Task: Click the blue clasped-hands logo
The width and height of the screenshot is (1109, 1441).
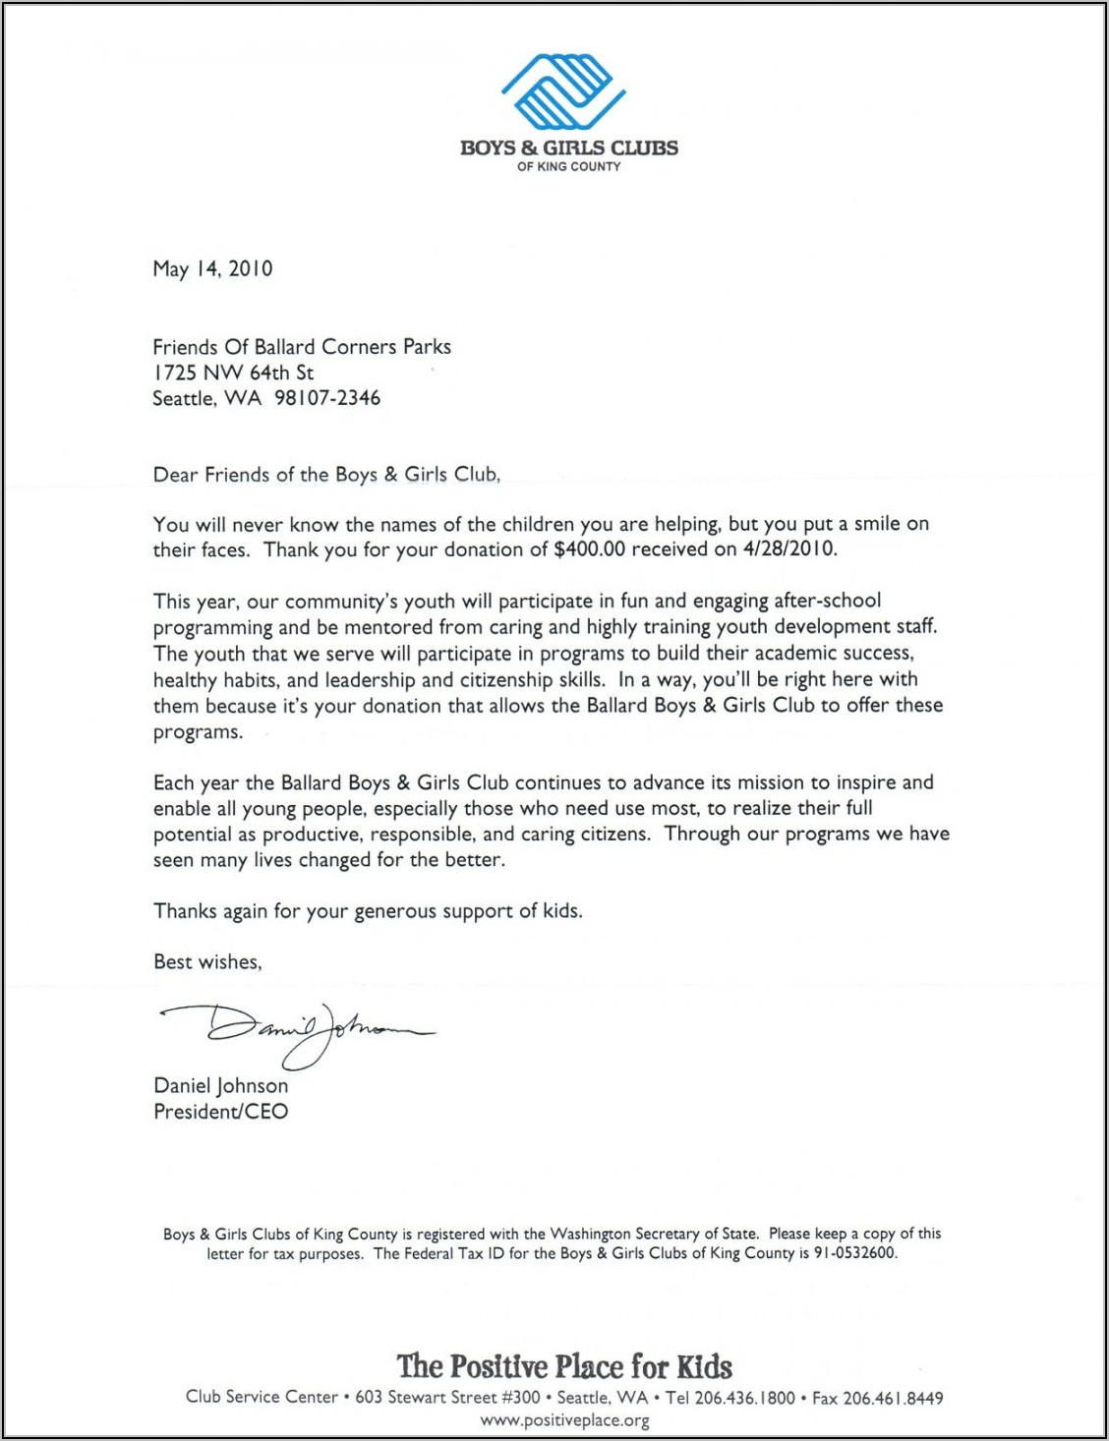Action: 563,91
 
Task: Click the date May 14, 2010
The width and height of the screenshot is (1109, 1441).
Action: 212,268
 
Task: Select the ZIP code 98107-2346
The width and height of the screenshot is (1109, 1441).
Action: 326,398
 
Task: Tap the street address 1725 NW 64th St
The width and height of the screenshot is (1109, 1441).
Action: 233,373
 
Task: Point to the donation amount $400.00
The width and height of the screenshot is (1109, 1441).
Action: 589,549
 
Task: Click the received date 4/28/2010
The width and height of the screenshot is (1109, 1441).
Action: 789,549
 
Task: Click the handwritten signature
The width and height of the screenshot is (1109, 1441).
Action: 295,1032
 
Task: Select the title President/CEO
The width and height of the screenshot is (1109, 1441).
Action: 220,1112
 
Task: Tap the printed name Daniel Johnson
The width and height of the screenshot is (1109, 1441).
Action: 220,1086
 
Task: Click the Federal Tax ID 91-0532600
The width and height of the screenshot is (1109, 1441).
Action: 854,1253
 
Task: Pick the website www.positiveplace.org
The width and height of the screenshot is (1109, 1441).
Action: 564,1420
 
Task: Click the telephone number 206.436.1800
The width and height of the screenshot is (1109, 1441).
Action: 744,1398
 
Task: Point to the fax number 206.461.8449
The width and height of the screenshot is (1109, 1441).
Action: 893,1398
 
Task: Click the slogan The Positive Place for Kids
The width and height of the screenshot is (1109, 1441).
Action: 564,1366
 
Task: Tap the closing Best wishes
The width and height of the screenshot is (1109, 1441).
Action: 207,962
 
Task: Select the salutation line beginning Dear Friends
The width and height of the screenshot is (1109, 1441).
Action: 326,475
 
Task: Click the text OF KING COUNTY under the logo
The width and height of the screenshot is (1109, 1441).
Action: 568,167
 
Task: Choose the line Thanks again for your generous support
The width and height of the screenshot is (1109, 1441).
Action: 368,911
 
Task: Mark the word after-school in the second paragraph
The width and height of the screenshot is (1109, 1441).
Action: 827,601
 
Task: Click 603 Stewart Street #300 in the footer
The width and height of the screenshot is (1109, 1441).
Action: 447,1398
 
